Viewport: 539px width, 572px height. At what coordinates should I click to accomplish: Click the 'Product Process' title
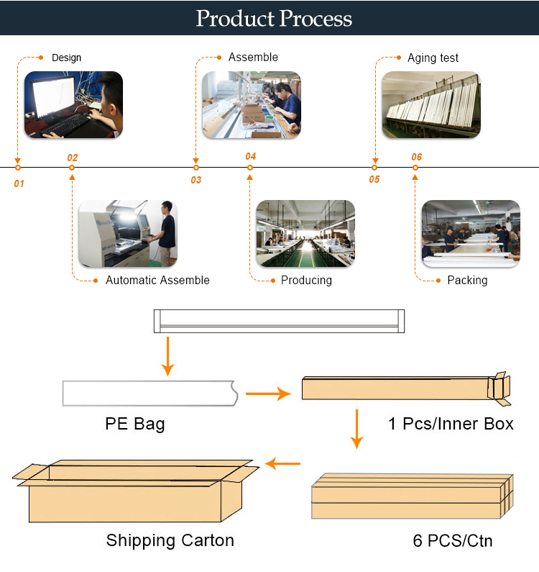274,18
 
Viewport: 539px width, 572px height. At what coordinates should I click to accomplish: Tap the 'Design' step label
66,58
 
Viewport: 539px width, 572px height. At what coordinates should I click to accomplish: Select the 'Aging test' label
433,58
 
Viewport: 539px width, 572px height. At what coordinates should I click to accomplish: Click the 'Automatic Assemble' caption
157,280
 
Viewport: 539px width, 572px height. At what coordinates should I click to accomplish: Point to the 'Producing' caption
306,280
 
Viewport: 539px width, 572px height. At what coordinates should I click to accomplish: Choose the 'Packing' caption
467,280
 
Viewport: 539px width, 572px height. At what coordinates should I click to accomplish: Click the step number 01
19,183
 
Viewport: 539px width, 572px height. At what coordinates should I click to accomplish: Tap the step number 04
250,157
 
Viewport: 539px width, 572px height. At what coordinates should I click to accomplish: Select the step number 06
417,158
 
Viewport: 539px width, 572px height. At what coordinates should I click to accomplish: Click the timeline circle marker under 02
72,168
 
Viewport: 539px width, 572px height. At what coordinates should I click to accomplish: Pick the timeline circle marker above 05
374,168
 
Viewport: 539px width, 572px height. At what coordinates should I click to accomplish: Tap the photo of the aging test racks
431,105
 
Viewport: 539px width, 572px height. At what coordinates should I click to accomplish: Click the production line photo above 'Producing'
305,233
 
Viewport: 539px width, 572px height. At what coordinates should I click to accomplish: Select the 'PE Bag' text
135,425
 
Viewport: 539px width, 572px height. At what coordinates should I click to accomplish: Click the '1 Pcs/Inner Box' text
451,424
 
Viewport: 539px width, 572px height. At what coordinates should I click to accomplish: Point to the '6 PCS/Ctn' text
453,540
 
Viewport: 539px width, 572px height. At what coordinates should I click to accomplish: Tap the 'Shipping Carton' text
170,540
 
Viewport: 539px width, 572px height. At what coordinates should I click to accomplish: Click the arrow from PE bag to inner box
268,394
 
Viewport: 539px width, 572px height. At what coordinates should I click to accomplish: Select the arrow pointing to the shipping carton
283,463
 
